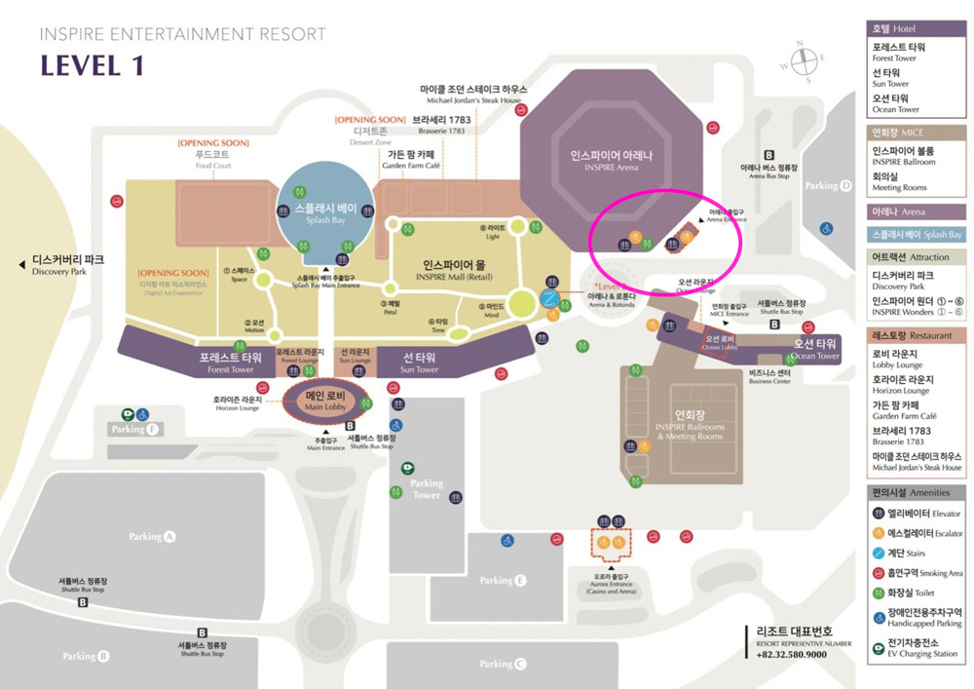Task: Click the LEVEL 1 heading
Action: click(92, 66)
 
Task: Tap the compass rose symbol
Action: click(804, 61)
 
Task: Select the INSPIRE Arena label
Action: click(611, 161)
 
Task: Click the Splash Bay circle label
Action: click(325, 214)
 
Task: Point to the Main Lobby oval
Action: click(325, 401)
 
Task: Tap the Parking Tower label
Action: click(427, 489)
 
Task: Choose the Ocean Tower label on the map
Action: click(815, 349)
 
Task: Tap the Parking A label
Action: click(152, 537)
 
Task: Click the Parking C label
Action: click(503, 664)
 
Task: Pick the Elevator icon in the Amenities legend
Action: click(880, 513)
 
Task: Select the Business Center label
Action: click(768, 376)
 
